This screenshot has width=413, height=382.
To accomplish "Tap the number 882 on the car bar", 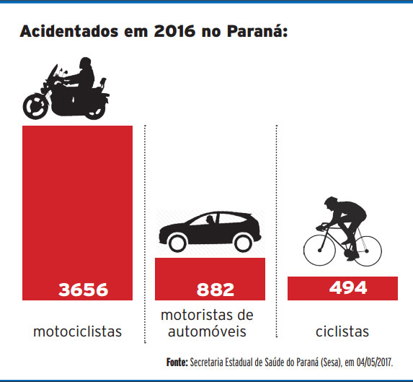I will pyautogui.click(x=216, y=290).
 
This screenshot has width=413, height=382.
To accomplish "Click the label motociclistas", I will pyautogui.click(x=77, y=331).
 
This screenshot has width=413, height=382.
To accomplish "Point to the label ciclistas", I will pyautogui.click(x=342, y=331).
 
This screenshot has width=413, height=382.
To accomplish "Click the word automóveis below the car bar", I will pyautogui.click(x=208, y=331).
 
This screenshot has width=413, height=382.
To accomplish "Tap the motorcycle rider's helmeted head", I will pyautogui.click(x=84, y=63).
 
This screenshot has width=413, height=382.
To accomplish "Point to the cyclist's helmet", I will pyautogui.click(x=332, y=201).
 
